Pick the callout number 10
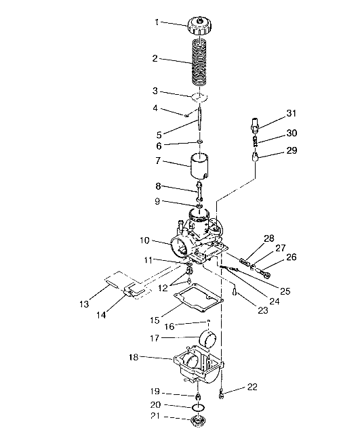click(144, 240)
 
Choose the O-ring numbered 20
click(197, 407)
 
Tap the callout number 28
click(269, 238)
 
